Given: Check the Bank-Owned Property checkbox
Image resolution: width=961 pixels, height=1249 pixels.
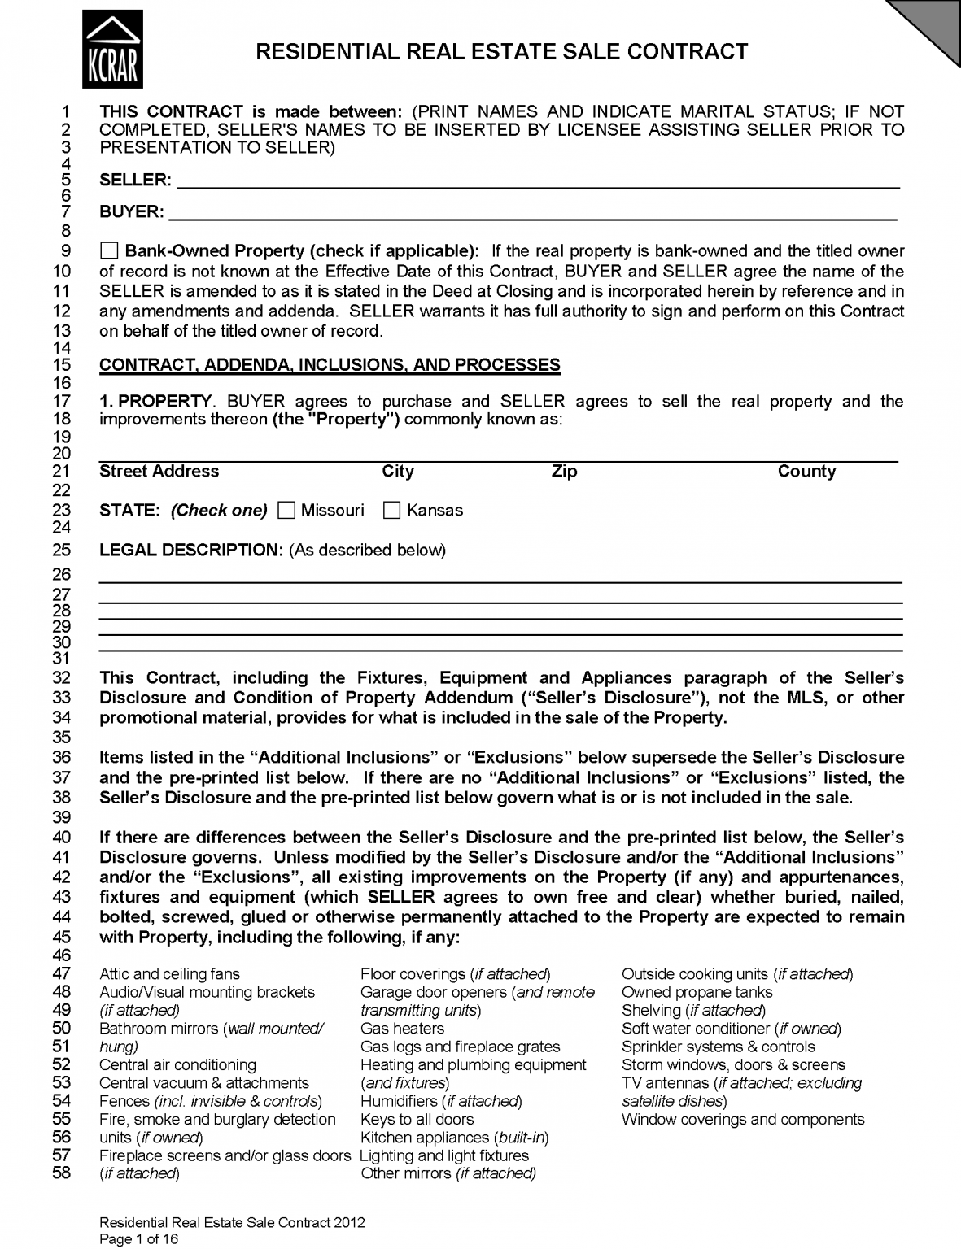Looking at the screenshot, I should point(109,250).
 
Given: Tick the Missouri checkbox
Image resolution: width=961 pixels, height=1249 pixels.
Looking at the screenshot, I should point(286,511).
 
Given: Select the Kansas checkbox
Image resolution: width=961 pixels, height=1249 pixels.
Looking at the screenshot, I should point(392,511).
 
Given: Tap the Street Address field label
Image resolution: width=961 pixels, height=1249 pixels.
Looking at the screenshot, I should point(159,472).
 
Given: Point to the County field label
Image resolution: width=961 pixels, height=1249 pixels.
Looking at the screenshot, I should point(806,472).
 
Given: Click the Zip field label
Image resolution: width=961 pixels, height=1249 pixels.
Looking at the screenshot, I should point(563,472).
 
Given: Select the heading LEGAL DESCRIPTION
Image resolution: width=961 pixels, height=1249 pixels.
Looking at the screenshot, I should point(190,550).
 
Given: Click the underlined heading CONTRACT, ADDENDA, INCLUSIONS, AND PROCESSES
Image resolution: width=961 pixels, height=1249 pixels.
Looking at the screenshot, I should point(330,365).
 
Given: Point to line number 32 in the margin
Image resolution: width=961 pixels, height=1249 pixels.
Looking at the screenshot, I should point(62,678).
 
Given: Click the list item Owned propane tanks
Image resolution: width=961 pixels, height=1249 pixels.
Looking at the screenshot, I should point(697,992).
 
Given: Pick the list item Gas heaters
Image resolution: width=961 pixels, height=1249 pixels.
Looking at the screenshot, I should point(402,1029).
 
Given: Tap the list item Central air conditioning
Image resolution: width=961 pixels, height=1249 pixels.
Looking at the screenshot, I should point(177,1065).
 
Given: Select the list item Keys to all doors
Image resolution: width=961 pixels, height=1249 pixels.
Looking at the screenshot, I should point(417,1120).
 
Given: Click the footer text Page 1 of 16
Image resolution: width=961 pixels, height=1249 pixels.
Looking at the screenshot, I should point(138,1240).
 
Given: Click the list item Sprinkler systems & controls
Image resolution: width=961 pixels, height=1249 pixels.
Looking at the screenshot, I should point(718,1047).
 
